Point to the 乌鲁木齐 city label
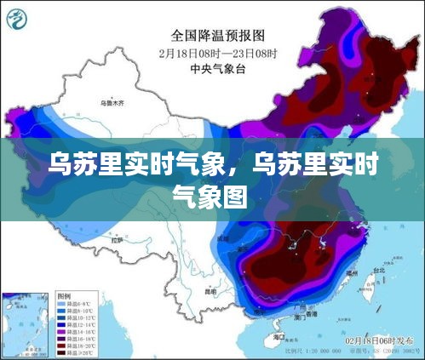click(111, 102)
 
